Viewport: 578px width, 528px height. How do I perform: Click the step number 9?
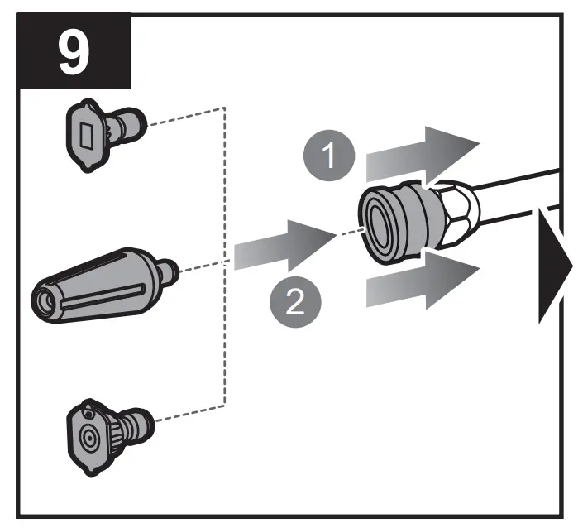click(74, 53)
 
